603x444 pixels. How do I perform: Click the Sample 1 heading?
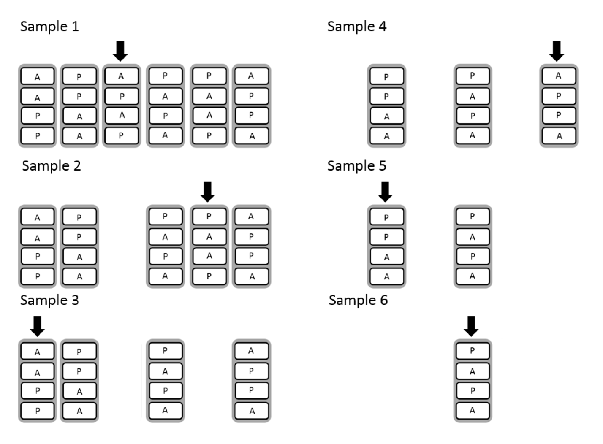(x=49, y=26)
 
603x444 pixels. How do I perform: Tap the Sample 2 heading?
(x=51, y=165)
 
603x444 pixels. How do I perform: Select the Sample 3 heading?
(x=49, y=300)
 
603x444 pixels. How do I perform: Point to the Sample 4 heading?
(x=357, y=26)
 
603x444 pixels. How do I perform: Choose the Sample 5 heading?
(x=357, y=165)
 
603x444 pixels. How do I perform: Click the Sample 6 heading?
(x=358, y=300)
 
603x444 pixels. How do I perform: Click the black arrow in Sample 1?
(x=121, y=51)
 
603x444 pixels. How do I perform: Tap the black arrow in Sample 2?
(x=207, y=191)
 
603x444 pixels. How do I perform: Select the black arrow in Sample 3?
(x=38, y=326)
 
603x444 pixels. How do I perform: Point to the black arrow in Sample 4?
(x=557, y=51)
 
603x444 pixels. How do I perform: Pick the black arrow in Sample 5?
(x=385, y=191)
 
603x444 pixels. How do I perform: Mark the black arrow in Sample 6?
(x=471, y=326)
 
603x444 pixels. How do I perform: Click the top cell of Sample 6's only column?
(x=473, y=351)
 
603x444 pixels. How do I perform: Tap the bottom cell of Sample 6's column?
(x=473, y=410)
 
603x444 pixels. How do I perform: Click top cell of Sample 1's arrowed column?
(x=121, y=76)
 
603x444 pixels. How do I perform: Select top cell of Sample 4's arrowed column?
(x=558, y=76)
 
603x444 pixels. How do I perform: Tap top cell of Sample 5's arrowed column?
(x=386, y=217)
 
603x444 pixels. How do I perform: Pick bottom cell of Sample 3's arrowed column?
(x=38, y=410)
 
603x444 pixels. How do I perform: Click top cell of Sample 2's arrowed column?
(x=209, y=217)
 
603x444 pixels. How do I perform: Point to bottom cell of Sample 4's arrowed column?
(x=559, y=136)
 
